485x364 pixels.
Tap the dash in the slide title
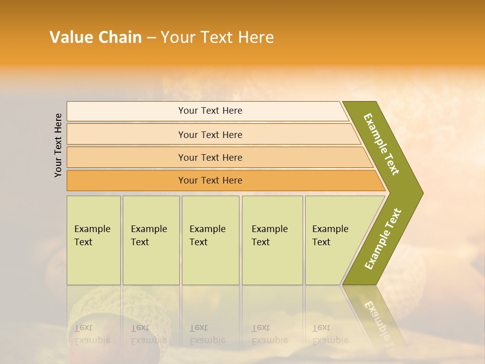pos(151,38)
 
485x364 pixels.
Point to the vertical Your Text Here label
pos(58,145)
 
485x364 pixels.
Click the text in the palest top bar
pos(210,111)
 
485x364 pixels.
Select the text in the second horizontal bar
pos(210,134)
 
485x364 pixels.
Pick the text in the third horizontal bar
pos(210,158)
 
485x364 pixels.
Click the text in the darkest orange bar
pos(210,180)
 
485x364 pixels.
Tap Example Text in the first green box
pos(92,236)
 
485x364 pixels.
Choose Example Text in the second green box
pos(149,236)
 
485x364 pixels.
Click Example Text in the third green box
pos(207,236)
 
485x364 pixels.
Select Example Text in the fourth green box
pos(269,236)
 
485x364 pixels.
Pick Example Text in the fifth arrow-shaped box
pos(330,236)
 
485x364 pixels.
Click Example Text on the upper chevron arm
pos(381,144)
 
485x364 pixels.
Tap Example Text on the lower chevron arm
pos(383,239)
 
